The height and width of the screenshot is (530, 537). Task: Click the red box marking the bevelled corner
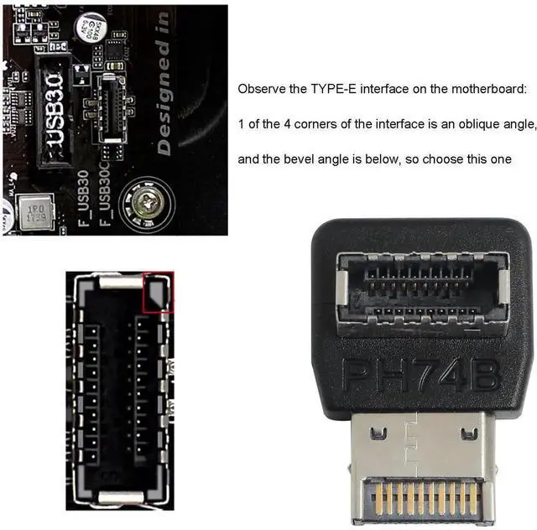point(159,292)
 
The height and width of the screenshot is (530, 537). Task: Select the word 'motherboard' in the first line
point(489,88)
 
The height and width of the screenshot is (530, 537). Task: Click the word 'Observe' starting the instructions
point(262,88)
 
